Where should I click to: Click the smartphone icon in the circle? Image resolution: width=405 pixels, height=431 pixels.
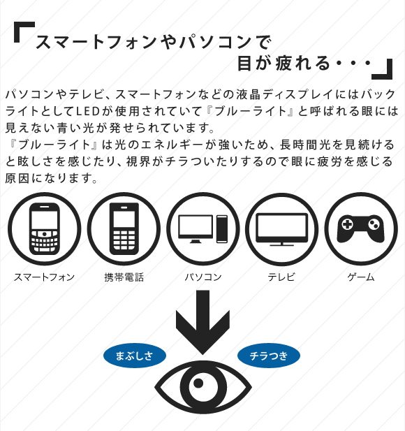[45, 229]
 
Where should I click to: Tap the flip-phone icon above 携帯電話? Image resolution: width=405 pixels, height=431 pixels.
[124, 229]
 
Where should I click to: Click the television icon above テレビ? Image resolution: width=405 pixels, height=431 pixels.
[281, 229]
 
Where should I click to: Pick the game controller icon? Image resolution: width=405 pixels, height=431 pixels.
[361, 228]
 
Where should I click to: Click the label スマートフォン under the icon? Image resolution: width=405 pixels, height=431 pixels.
[44, 277]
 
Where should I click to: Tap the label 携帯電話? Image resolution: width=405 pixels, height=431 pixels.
[124, 277]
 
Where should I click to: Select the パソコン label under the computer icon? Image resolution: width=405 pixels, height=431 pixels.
[203, 277]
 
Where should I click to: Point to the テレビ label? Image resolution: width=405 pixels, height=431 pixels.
[281, 277]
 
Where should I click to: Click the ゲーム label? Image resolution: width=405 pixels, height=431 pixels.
[361, 277]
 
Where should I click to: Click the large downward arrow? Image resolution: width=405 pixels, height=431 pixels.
[202, 321]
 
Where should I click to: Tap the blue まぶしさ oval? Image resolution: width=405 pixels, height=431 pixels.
[135, 356]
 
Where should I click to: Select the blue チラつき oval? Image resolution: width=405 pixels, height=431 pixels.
[269, 356]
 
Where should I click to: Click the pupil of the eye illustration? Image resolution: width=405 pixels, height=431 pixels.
[198, 383]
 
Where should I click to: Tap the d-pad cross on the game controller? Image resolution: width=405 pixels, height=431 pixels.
[347, 224]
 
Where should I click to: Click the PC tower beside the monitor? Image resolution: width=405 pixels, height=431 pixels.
[222, 229]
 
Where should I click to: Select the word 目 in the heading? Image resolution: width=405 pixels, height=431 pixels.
[244, 64]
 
